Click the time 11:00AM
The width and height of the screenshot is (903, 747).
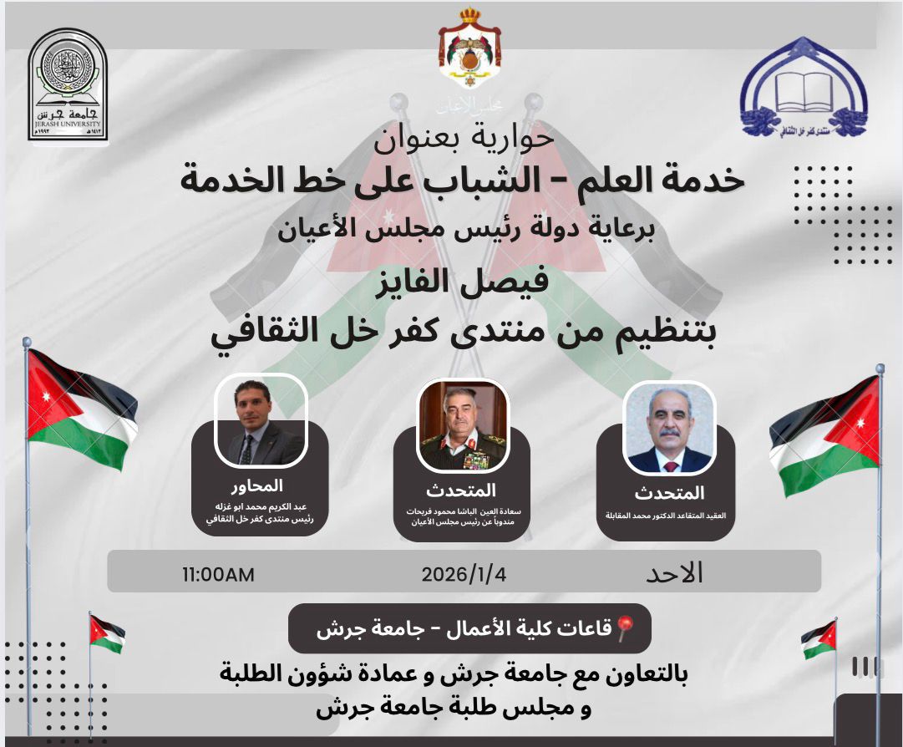coord(218,575)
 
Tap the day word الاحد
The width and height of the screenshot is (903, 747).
coord(675,573)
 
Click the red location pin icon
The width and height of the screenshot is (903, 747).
coord(626,628)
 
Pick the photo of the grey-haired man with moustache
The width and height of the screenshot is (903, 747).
coord(669,429)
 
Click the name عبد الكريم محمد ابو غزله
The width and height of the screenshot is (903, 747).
coord(259,506)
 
